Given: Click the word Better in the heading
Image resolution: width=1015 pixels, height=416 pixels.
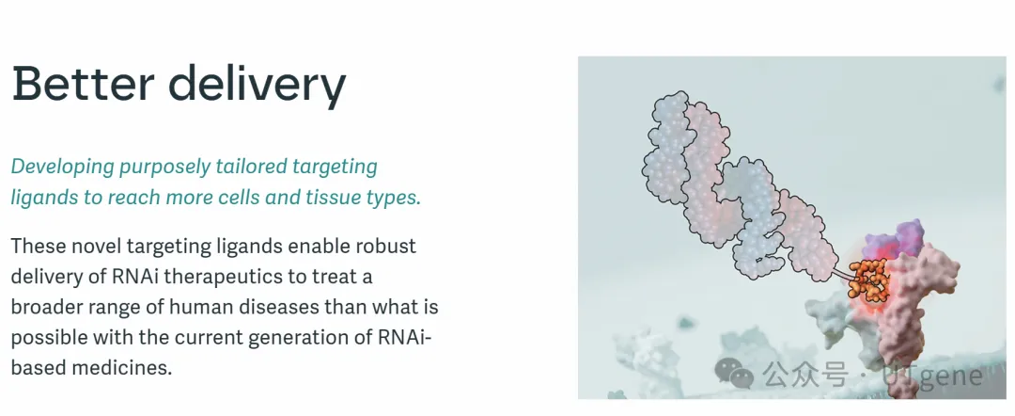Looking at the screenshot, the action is pos(83,84).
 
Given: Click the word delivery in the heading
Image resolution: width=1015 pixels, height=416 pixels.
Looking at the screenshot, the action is pos(258,88).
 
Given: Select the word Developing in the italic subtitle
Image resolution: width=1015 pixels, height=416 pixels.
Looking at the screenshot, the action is pos(63,168).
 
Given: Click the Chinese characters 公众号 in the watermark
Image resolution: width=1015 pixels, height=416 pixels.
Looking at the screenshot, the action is pos(804,374).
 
